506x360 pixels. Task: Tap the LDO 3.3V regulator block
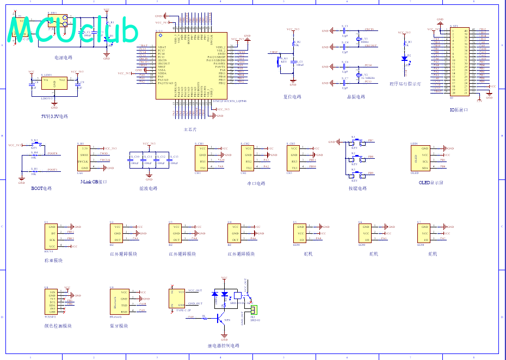tap(54, 85)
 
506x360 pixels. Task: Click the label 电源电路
tap(63, 57)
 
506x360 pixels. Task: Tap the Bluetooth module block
tap(120, 302)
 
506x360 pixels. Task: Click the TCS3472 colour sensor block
tap(52, 302)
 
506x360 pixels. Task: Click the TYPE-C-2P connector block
tap(178, 297)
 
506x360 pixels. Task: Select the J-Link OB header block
tap(84, 158)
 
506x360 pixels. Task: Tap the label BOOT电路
tap(41, 188)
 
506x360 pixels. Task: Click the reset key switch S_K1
tap(283, 60)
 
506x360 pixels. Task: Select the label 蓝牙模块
tap(119, 326)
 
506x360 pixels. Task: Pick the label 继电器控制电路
tap(223, 345)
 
